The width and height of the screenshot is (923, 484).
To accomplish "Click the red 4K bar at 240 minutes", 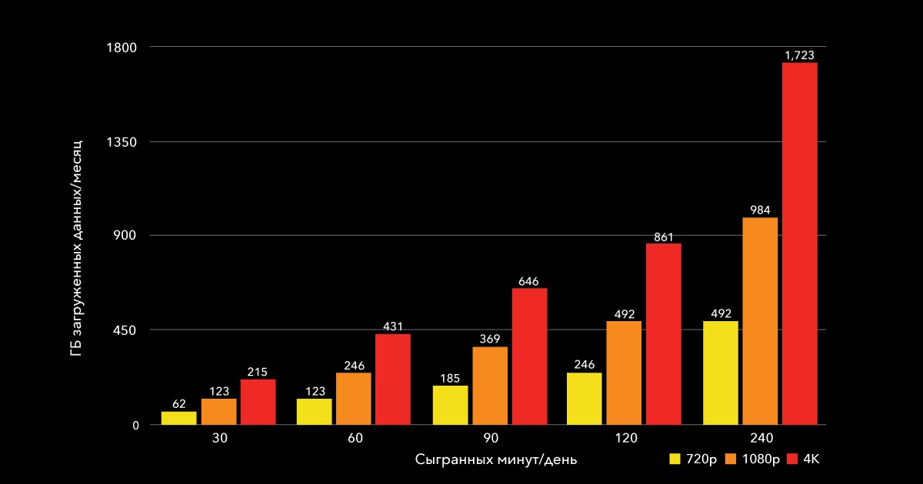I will [x=799, y=243].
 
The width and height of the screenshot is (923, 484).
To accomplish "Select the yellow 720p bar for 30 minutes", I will [x=178, y=418].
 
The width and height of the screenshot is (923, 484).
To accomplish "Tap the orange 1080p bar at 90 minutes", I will [x=490, y=386].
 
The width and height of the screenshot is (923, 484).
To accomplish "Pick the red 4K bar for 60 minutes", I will [x=392, y=379].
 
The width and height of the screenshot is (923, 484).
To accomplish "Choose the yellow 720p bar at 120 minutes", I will [x=584, y=399].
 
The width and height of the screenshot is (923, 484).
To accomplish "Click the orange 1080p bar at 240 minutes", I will [x=760, y=320].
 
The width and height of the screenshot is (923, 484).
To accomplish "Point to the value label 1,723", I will [x=799, y=55].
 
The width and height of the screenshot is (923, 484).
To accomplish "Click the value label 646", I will [x=528, y=281].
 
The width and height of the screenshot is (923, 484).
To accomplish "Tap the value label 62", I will [x=178, y=404].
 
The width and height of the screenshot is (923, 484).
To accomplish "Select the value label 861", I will [x=664, y=237].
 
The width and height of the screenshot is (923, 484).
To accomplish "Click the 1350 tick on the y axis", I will [x=122, y=142].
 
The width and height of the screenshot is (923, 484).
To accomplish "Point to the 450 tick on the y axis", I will [x=125, y=330].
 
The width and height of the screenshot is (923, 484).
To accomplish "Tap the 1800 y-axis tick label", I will [x=122, y=48].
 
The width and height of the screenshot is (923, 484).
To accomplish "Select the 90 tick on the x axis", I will [x=491, y=438].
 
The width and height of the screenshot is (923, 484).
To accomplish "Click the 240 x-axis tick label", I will [x=760, y=438].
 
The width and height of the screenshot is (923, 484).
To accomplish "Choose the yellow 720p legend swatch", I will [x=675, y=459].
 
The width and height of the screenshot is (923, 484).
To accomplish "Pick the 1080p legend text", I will [x=761, y=459].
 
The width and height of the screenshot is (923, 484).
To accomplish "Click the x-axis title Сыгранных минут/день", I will [x=496, y=459].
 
